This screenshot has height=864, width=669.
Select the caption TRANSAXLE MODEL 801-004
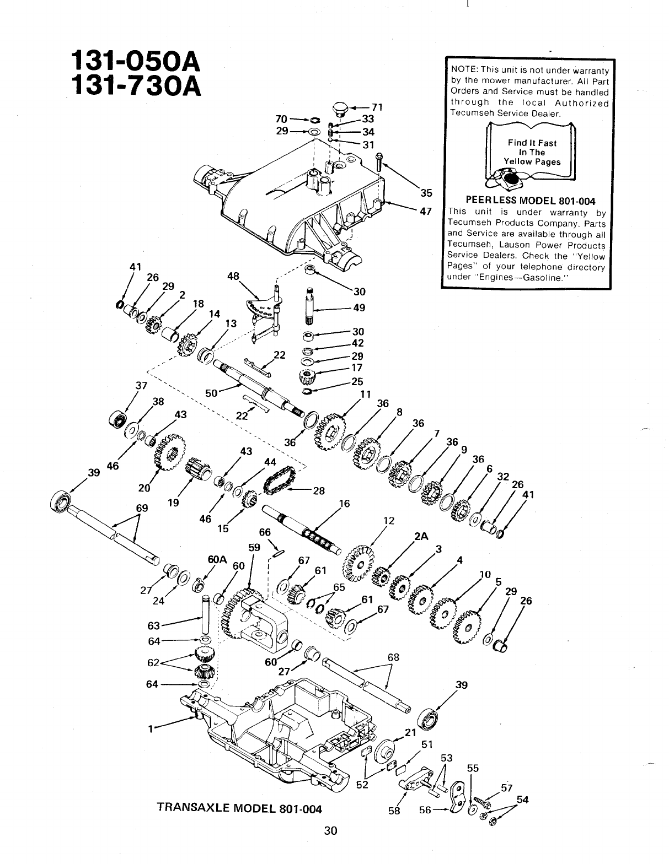pos(239,808)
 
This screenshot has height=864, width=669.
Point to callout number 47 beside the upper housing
pos(425,211)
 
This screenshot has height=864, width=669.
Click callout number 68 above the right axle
pos(393,657)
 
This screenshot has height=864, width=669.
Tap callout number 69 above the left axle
pos(142,507)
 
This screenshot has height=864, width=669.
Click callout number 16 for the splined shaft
pos(345,504)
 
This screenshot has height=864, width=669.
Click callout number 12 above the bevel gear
pos(388,520)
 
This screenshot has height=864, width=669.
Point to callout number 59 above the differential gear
pos(254,548)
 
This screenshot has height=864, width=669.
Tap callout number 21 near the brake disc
pos(409,732)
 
